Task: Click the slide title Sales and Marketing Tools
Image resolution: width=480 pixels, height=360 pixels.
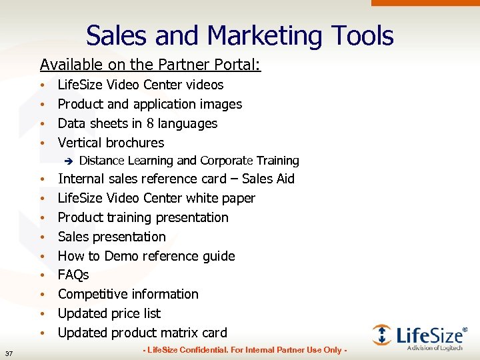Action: [x=239, y=35]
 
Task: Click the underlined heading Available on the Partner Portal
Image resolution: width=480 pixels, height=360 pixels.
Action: [x=150, y=65]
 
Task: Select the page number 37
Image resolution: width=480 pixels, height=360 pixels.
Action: [x=8, y=353]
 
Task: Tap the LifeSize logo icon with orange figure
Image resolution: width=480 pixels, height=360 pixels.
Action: [x=382, y=335]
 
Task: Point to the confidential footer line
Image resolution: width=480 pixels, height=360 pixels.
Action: [x=244, y=351]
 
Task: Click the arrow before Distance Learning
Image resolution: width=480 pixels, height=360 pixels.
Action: [x=67, y=161]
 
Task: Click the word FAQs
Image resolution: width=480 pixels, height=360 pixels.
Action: [x=73, y=275]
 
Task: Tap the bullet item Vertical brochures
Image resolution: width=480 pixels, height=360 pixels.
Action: [x=111, y=143]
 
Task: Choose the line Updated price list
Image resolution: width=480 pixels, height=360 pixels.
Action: [x=109, y=313]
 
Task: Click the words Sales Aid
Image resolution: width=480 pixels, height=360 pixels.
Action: [x=268, y=179]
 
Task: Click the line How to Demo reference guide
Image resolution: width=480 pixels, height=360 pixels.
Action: [x=146, y=256]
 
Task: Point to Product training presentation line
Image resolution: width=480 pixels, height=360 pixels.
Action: [x=143, y=217]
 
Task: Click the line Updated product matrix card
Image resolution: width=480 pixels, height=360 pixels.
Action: [x=142, y=333]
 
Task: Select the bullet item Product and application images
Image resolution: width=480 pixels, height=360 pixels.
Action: [x=149, y=104]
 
